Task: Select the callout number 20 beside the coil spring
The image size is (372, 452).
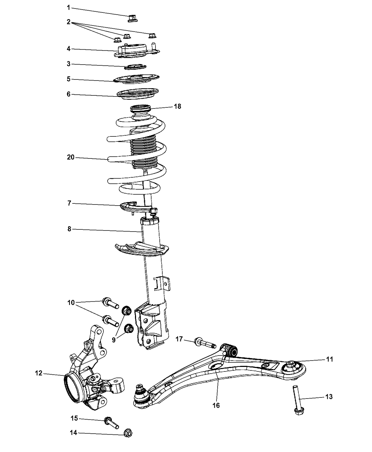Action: tap(71, 157)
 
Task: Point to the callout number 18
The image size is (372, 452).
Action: tap(177, 106)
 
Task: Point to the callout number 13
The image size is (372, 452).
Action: tap(329, 397)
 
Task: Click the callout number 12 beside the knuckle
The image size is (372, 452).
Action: tap(39, 373)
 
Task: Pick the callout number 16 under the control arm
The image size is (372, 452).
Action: tap(216, 405)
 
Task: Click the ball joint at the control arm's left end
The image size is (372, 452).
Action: tap(142, 395)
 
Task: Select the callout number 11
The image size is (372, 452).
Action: tap(329, 359)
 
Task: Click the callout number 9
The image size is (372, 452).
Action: tap(114, 340)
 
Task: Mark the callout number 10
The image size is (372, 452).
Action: tap(71, 302)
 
